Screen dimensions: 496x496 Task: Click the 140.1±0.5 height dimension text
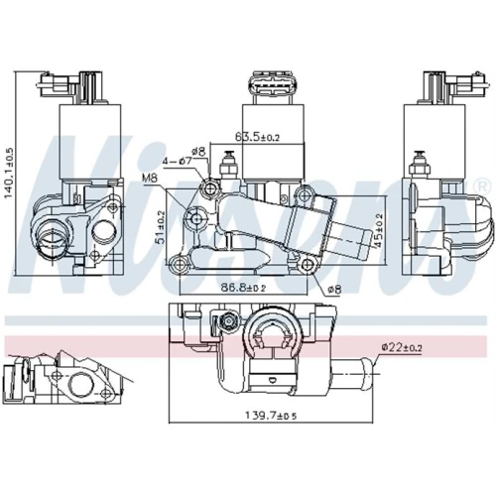click(x=8, y=173)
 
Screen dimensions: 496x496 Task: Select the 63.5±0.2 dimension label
click(x=257, y=137)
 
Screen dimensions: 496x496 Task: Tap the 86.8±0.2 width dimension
click(x=243, y=288)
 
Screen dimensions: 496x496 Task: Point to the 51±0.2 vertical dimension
click(x=161, y=227)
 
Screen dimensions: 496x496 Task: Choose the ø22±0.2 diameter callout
click(x=402, y=347)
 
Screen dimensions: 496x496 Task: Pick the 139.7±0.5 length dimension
click(x=271, y=416)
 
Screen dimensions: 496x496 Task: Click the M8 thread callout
click(x=150, y=179)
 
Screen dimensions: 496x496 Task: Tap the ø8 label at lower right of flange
click(x=334, y=290)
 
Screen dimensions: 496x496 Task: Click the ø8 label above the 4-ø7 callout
click(x=198, y=152)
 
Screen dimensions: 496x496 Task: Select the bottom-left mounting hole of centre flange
click(x=179, y=264)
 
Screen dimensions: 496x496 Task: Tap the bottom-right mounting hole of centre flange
click(x=308, y=264)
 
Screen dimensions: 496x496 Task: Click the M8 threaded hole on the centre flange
click(x=196, y=218)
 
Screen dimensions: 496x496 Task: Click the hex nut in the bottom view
click(x=228, y=320)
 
